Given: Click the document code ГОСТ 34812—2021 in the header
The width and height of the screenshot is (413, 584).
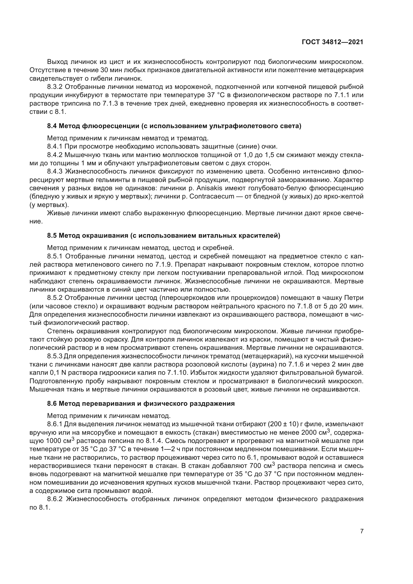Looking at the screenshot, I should [332, 42].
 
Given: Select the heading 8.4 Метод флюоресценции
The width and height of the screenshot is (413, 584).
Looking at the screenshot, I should [174, 126].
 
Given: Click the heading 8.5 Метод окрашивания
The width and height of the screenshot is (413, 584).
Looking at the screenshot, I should [164, 235].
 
